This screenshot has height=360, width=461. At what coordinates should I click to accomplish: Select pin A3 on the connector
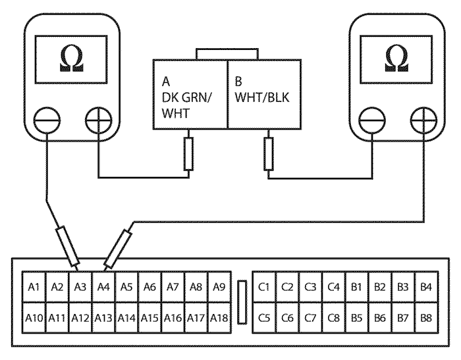click(x=80, y=287)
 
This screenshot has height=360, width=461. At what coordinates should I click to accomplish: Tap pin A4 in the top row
click(x=103, y=287)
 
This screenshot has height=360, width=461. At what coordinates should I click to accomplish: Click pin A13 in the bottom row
click(x=103, y=317)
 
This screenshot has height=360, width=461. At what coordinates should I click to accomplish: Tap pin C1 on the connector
click(x=265, y=287)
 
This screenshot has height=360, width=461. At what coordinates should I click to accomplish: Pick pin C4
click(x=334, y=287)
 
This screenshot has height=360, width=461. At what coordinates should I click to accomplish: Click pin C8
click(x=334, y=317)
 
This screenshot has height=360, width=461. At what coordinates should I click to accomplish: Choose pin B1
click(x=357, y=287)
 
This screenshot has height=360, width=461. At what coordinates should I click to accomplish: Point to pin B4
click(x=426, y=287)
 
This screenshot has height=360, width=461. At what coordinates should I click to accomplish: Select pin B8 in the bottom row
click(x=426, y=317)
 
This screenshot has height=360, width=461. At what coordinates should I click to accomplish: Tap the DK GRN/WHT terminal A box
click(x=190, y=95)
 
